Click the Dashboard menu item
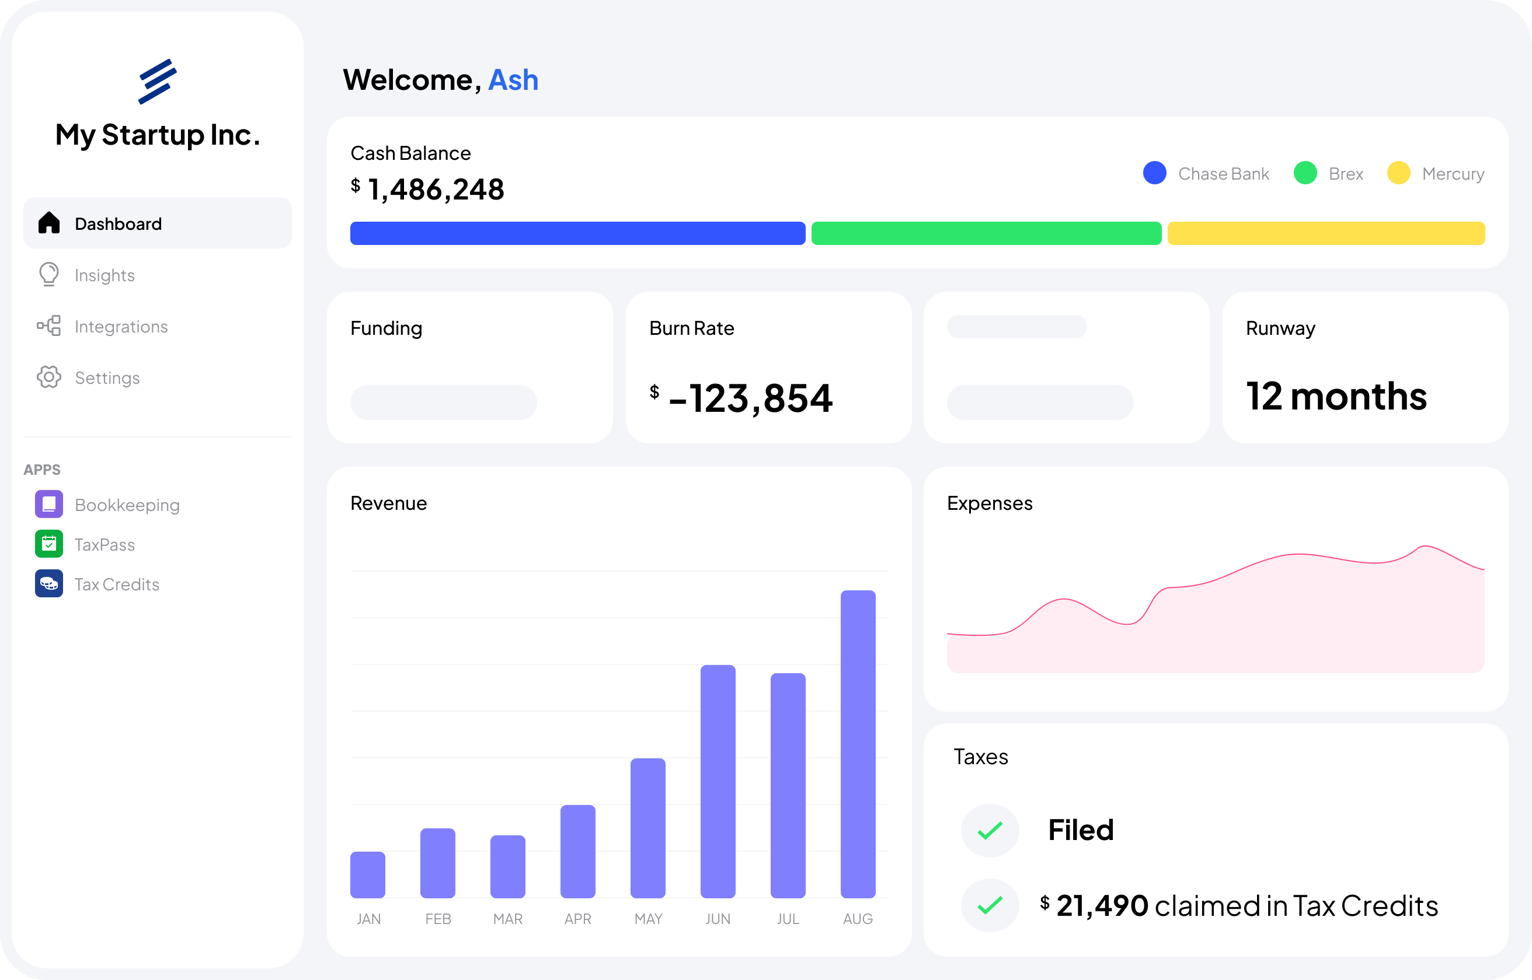119,223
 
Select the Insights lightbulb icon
49,274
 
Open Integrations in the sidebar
120,327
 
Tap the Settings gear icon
49,377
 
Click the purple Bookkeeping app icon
49,504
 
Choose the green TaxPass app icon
49,544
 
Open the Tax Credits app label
117,584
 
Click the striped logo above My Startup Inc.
157,81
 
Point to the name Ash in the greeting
513,80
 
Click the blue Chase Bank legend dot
1154,173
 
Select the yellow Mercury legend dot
1398,173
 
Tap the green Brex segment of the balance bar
986,233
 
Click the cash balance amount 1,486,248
436,190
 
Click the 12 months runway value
1336,397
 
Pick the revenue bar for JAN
367,874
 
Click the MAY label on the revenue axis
648,919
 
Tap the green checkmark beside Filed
990,831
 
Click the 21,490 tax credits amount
1102,905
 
